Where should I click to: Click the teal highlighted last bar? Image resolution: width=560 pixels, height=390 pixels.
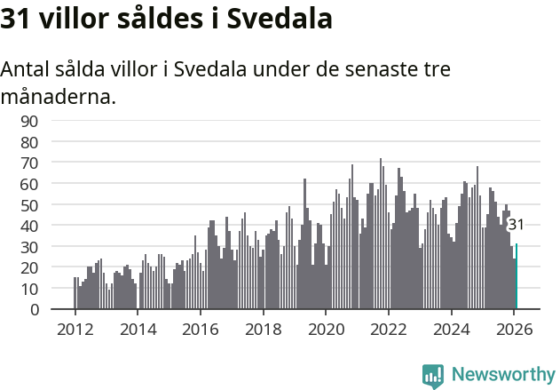517,277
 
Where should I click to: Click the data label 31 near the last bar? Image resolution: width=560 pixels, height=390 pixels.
516,225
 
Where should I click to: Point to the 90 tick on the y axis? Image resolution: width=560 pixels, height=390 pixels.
30,121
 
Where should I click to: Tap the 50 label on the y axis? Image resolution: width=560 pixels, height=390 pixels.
30,204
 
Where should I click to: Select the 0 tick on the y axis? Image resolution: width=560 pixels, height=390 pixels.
34,310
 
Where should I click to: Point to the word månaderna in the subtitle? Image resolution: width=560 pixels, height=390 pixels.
59,96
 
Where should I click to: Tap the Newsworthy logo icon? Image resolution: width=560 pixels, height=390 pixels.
433,375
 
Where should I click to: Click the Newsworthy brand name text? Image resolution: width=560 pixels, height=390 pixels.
503,375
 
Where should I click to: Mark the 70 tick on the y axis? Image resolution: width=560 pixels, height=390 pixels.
30,163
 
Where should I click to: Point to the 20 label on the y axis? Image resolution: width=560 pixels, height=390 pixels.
30,267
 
